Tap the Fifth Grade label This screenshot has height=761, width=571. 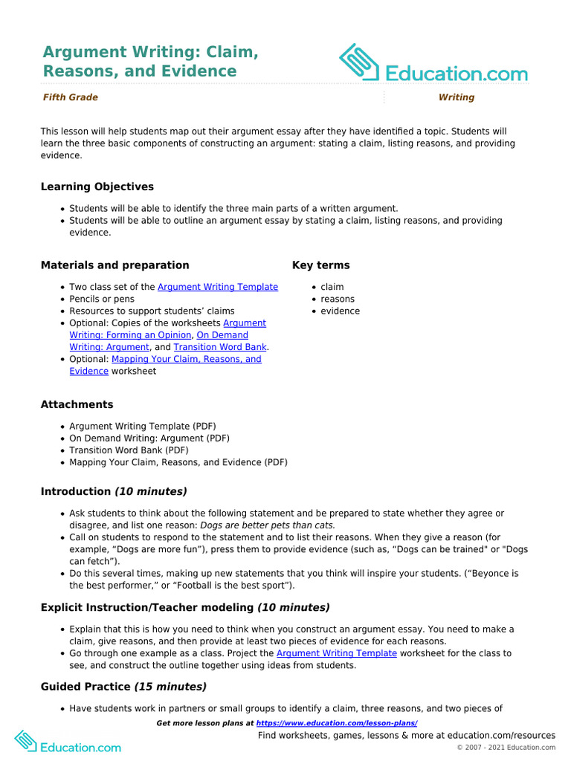pos(70,97)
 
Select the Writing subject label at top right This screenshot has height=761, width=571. pos(456,97)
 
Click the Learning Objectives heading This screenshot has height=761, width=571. pos(97,187)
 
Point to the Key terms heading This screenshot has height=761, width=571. pos(320,265)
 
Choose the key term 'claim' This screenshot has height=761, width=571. pos(332,287)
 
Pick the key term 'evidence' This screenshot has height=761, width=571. pos(340,311)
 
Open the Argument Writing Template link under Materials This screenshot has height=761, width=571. pos(218,287)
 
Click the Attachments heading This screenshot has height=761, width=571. pos(77,404)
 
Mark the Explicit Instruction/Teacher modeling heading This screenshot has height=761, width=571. pos(185,607)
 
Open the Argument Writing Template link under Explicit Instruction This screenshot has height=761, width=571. pos(336,653)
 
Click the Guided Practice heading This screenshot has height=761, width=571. pos(123,687)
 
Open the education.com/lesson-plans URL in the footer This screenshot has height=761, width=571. pos(336,723)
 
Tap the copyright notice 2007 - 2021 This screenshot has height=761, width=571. pos(506,747)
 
